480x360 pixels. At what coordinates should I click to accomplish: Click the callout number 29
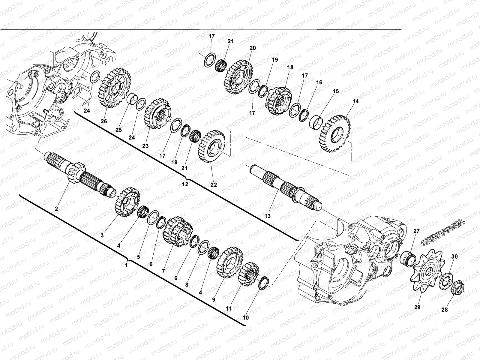coord(417,307)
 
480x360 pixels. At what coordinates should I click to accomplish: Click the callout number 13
coord(267,216)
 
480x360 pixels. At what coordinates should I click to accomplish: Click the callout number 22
coord(213,185)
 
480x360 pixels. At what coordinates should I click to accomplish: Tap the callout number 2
coord(56,208)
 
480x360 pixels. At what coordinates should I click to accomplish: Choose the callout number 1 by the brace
coord(126,265)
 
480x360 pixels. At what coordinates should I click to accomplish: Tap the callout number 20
coord(252,48)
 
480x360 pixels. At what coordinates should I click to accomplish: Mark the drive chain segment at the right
coord(444,231)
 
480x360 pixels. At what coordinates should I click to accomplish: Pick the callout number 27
coord(416,231)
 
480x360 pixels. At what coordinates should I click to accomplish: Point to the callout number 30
coord(454,256)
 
